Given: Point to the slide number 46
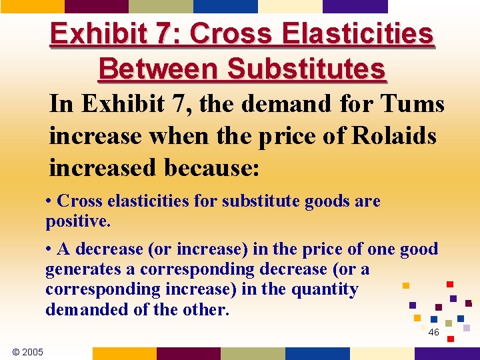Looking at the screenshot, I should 433,332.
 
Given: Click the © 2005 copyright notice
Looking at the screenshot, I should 27,351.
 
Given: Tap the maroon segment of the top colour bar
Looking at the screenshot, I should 97,6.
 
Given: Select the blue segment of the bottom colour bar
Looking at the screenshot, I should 317,353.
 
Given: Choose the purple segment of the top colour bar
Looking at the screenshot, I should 355,6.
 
